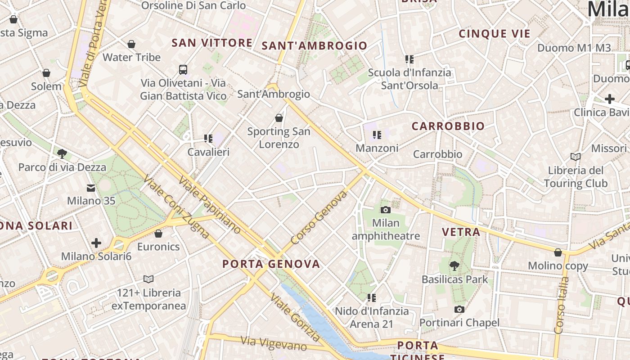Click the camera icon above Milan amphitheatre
coord(385,210)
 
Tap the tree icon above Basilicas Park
coord(454,265)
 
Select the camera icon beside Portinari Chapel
coord(459,309)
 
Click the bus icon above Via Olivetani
coord(183,69)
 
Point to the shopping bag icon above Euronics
coord(158,234)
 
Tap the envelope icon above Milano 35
coord(91,188)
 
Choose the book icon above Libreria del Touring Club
coord(575,157)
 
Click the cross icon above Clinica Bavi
coord(610,99)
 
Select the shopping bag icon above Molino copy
coord(558,252)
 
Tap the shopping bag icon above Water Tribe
coord(131,44)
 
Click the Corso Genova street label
coord(319,217)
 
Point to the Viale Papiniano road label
coord(210,205)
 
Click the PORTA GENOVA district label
coord(271,264)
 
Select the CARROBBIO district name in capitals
coord(448,126)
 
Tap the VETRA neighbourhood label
coord(461,232)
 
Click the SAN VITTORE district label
coord(212,43)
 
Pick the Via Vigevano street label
coord(274,343)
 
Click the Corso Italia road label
coord(562,306)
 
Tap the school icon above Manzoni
coord(377,135)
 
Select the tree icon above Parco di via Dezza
coord(62,154)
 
